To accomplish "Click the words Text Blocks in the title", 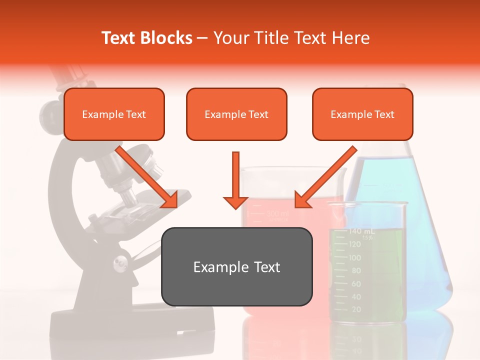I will [147, 38].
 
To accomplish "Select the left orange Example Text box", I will [114, 114].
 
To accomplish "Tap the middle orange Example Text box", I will [236, 114].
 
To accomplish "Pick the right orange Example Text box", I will [362, 114].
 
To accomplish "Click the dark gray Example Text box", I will [236, 266].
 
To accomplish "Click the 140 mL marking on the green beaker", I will [361, 231].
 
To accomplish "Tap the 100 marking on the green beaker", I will [355, 257].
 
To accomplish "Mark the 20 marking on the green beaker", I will [356, 309].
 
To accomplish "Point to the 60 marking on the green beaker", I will [355, 283].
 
